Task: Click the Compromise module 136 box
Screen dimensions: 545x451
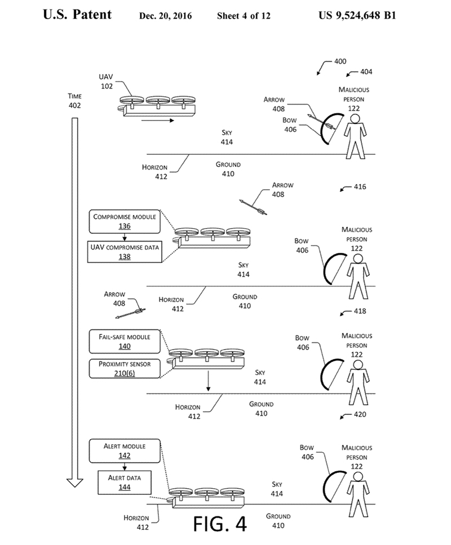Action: point(125,221)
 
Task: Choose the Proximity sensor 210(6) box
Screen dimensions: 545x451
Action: point(125,368)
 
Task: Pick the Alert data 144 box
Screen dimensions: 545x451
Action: point(125,482)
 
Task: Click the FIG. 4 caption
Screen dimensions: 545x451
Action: point(220,522)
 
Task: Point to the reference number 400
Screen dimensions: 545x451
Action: point(340,61)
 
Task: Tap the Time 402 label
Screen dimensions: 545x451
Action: point(74,101)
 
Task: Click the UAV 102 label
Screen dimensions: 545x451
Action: point(107,82)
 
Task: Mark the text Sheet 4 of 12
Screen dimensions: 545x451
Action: point(244,16)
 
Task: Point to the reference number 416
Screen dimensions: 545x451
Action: point(360,186)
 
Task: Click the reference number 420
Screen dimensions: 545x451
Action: point(359,415)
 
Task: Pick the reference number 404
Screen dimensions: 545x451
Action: point(366,72)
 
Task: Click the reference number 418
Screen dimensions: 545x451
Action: point(359,311)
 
